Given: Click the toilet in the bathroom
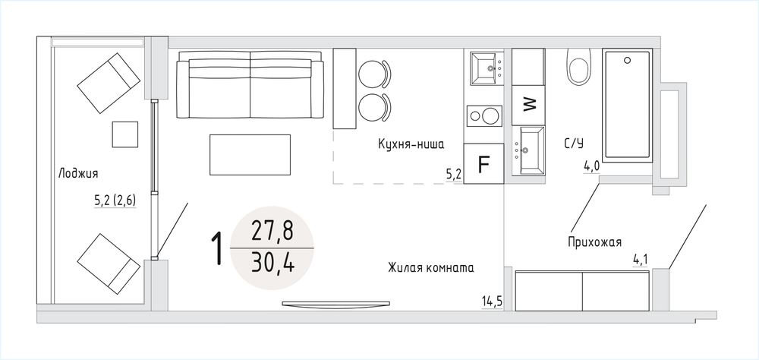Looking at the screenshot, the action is point(578,66).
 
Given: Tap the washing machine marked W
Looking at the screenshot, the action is point(529,104).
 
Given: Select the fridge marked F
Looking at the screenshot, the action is point(483,164).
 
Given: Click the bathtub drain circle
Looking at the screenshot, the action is point(628,60).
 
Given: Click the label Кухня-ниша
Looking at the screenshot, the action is point(411,144).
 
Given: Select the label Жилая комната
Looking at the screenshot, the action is point(430,267).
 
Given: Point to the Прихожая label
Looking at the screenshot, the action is point(594,242).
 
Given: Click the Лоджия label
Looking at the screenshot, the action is point(78,173).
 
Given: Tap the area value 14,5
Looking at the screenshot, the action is point(491,302).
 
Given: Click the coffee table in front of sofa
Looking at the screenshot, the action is point(250,155).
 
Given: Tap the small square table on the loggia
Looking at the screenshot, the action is point(125,134).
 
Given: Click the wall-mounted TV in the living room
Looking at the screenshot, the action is point(336,304).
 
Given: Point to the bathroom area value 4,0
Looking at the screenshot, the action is point(591,166).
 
